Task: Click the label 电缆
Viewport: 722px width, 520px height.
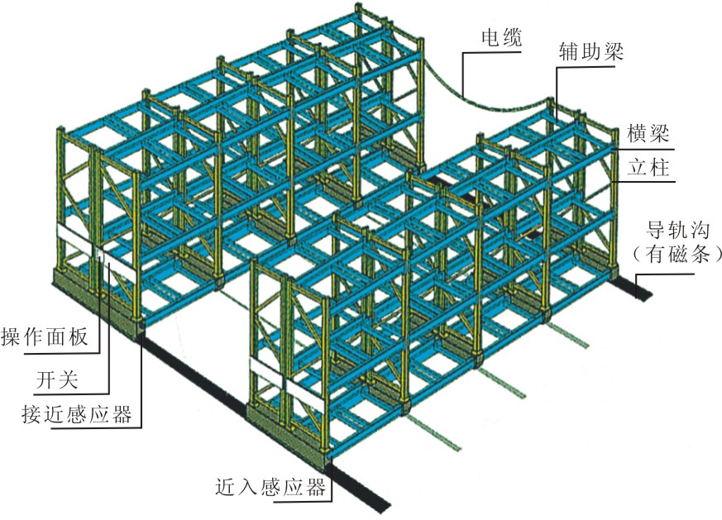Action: [x=501, y=38]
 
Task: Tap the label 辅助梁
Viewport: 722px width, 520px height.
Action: [x=591, y=55]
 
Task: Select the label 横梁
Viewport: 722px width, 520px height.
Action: [x=648, y=133]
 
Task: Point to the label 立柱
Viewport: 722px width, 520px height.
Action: [x=648, y=169]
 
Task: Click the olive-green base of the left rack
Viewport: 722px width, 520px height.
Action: [x=95, y=302]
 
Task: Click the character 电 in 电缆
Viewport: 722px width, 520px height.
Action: [x=491, y=38]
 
